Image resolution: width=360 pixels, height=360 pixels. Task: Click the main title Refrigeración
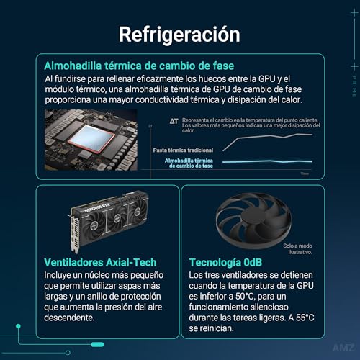click(x=179, y=34)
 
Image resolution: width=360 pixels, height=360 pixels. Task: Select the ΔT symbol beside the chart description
click(x=174, y=122)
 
